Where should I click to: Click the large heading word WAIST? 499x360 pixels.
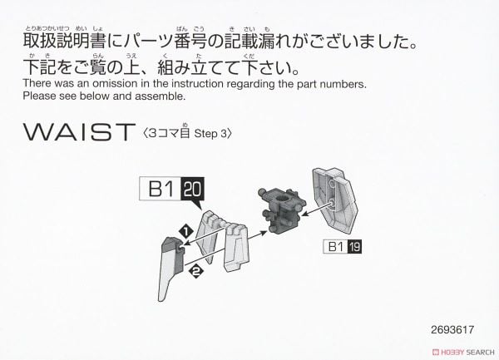[x=79, y=131]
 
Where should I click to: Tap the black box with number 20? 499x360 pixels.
[x=193, y=189]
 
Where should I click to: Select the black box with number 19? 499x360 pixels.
[x=355, y=247]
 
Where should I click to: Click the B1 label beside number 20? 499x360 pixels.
[x=161, y=189]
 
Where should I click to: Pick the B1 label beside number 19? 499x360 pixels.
[x=336, y=247]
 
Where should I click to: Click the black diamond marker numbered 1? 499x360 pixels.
[x=186, y=231]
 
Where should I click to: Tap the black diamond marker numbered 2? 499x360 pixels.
[x=195, y=271]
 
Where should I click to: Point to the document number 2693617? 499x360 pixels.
[x=452, y=330]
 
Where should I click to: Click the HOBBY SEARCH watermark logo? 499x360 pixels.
[x=463, y=352]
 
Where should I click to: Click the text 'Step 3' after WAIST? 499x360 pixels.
[x=211, y=134]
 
